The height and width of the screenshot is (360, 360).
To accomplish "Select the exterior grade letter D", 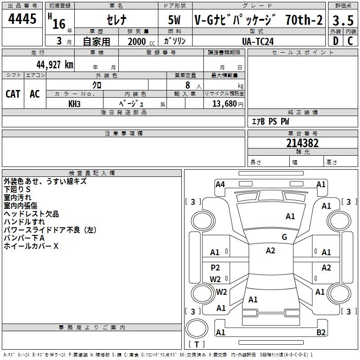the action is click(335, 40).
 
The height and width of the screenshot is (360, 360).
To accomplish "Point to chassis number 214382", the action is click(302, 143).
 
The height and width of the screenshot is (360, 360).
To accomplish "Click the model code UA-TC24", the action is click(257, 41).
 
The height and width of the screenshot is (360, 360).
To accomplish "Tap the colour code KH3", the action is click(74, 103).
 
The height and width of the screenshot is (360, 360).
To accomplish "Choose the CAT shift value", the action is click(13, 94).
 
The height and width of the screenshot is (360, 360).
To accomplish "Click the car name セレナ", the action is click(116, 20).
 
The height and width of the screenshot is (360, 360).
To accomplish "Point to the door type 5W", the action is click(175, 20).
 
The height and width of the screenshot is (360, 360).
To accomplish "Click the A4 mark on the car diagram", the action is click(220, 184).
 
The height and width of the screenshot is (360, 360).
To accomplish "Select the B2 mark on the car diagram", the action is click(321, 333).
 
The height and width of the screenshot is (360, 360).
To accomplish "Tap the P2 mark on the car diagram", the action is click(216, 268).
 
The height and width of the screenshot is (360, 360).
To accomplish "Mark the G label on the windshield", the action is click(284, 237).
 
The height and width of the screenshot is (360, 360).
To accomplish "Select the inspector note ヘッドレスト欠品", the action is click(31, 214).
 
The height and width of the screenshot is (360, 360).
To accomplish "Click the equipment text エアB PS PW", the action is click(270, 121).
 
